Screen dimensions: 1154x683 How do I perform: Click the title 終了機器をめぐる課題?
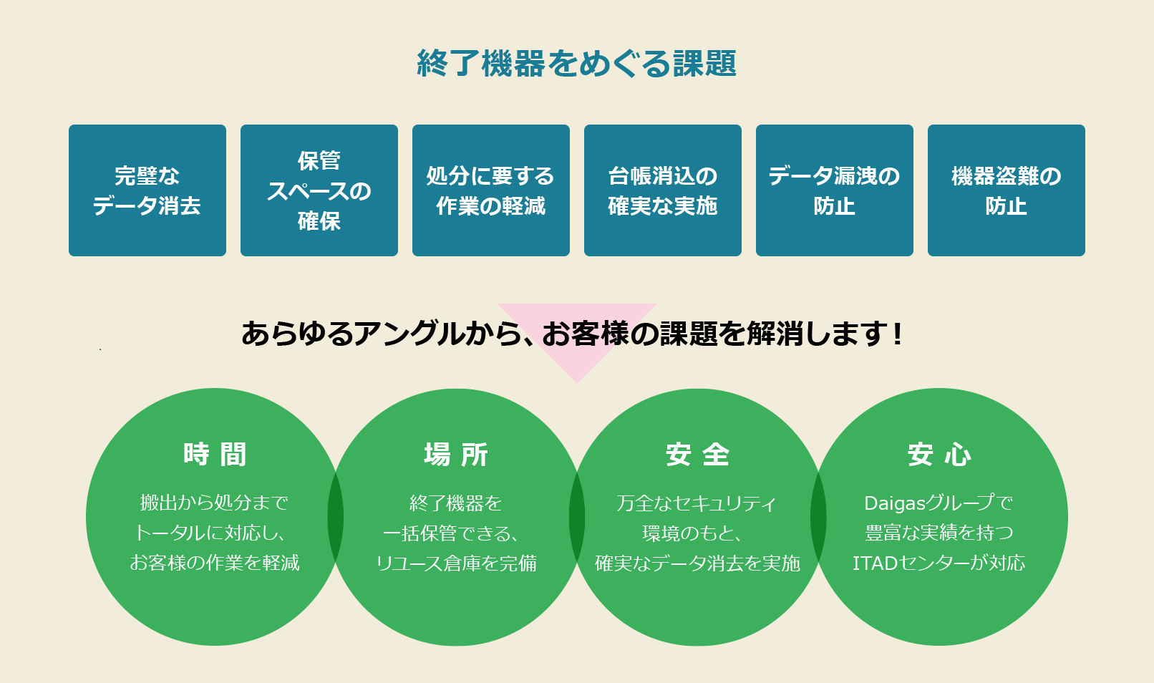click(576, 63)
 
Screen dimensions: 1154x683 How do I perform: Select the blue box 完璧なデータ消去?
click(147, 190)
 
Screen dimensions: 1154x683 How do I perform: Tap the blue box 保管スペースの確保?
click(319, 190)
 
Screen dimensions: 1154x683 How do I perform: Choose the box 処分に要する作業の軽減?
click(491, 190)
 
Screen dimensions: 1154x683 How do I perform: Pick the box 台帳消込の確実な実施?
click(662, 190)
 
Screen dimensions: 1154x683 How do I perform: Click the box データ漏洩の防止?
click(835, 190)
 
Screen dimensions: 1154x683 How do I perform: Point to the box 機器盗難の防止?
click(1006, 190)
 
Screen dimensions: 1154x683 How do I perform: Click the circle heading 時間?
click(215, 455)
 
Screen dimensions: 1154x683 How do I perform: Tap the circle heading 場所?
click(456, 455)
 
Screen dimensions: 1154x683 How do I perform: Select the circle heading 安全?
click(697, 455)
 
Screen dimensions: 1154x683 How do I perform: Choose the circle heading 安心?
click(939, 455)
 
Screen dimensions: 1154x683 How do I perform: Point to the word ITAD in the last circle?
click(876, 563)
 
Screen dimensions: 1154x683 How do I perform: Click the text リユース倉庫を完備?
click(456, 563)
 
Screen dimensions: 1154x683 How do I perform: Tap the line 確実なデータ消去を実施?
click(697, 563)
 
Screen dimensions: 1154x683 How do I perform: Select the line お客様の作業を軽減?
click(215, 563)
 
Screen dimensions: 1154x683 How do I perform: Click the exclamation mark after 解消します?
click(898, 334)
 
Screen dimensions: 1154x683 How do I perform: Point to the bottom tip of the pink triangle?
click(577, 383)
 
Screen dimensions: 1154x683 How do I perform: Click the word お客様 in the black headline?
click(586, 334)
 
